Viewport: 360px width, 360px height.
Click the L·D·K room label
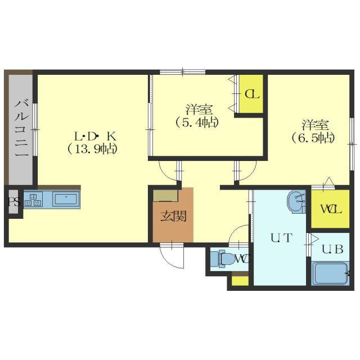coord(94,137)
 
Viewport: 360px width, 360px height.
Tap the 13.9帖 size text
coord(92,150)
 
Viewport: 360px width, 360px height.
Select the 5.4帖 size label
coord(196,123)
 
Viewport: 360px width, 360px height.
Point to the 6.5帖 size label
coord(313,138)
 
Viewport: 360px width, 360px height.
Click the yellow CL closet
coord(251,94)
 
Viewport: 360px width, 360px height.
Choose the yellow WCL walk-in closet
coord(330,209)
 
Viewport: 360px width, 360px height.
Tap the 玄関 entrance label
coord(173,216)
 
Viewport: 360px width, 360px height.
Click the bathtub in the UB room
coord(330,273)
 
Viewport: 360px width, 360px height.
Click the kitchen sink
coord(66,199)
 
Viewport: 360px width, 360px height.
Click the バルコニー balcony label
coord(21,129)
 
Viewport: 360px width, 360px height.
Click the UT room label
coord(281,237)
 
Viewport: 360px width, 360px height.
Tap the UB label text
coord(332,249)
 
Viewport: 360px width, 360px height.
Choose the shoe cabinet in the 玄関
coord(165,196)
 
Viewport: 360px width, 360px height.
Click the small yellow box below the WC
coord(240,281)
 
